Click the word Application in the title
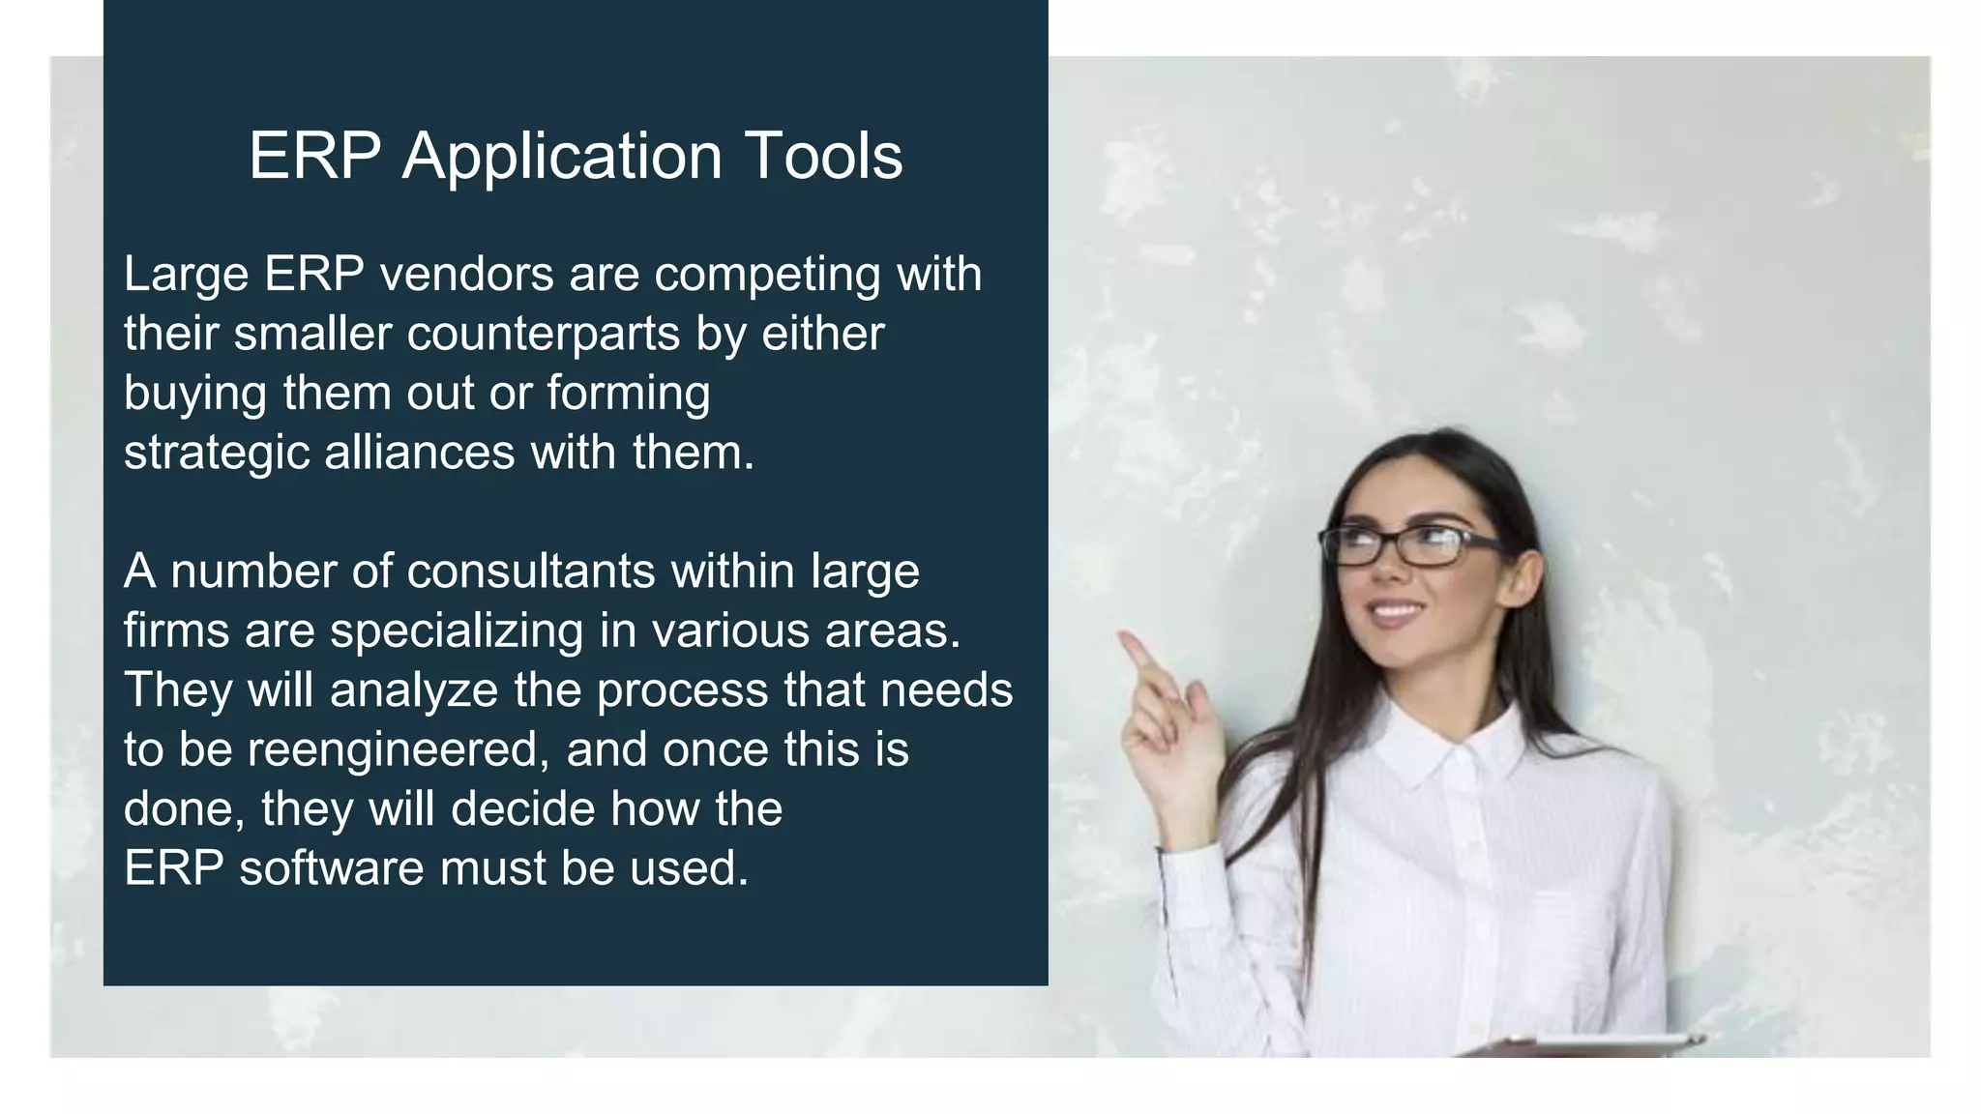[x=562, y=157]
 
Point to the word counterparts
[x=543, y=335]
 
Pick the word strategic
[x=216, y=454]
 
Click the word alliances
[x=419, y=453]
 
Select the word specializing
[x=456, y=632]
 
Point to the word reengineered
[x=399, y=751]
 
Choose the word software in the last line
[x=331, y=868]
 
